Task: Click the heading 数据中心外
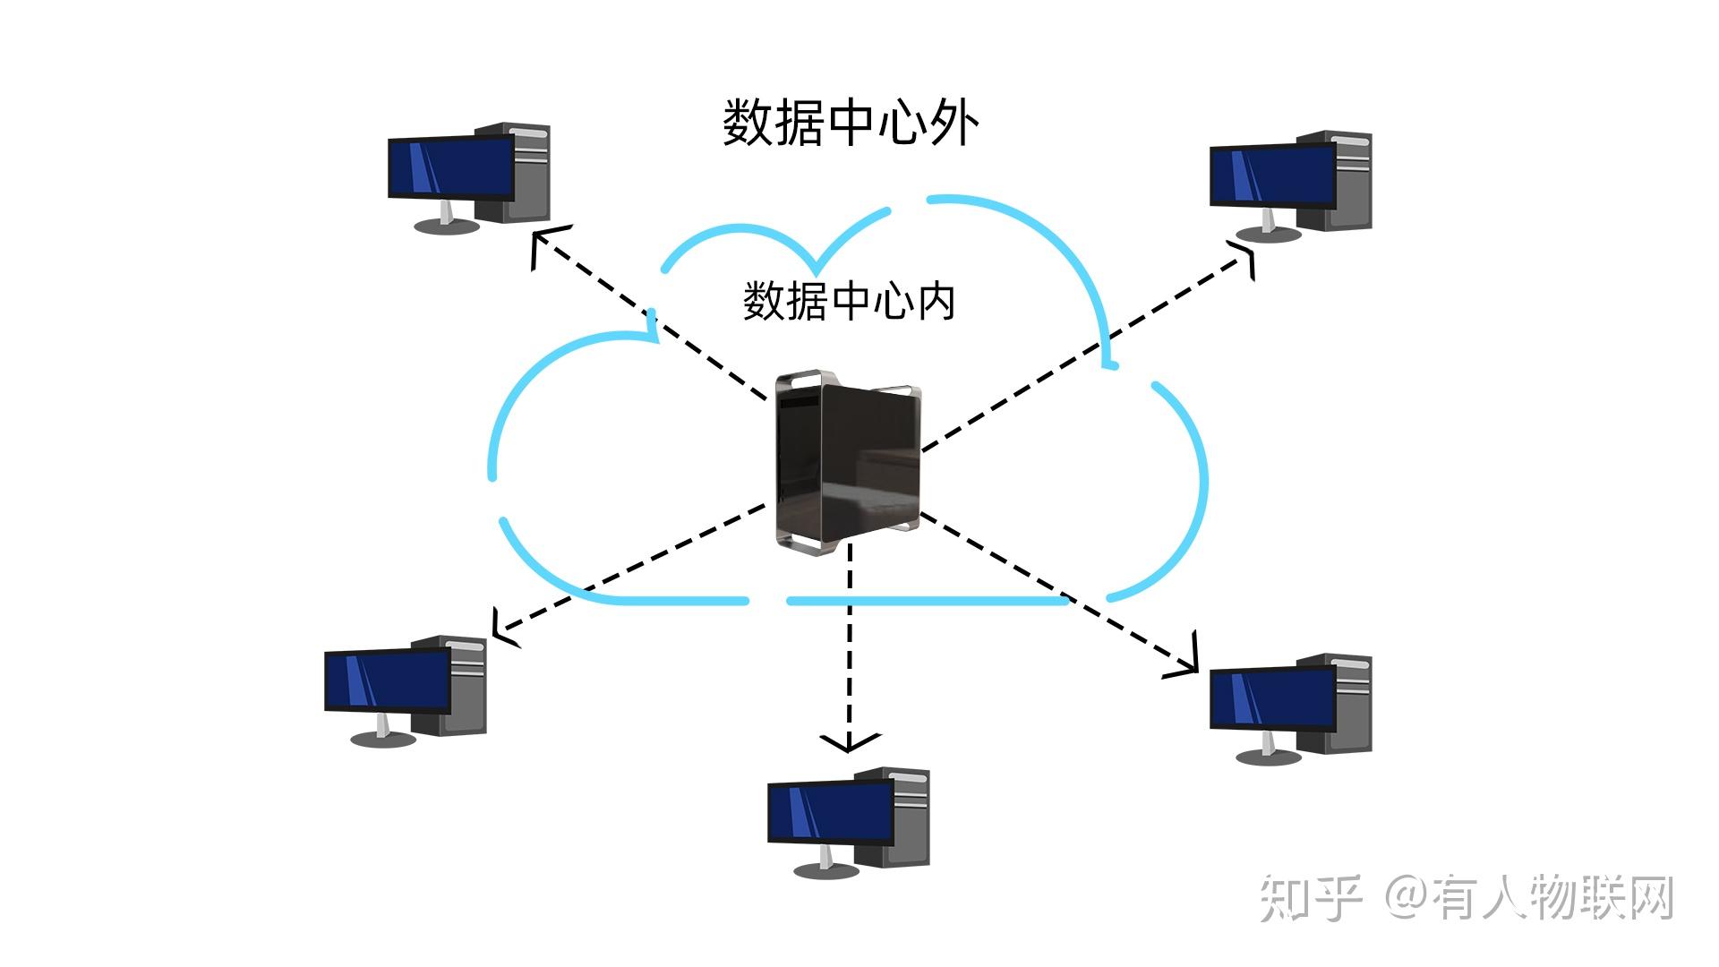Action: [850, 124]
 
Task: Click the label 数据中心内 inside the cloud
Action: [849, 301]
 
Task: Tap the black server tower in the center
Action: [847, 461]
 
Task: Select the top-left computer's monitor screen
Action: [450, 167]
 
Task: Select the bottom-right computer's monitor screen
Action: [1272, 699]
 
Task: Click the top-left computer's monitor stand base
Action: [446, 227]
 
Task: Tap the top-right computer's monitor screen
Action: [1272, 175]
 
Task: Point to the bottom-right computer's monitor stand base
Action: [1268, 757]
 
